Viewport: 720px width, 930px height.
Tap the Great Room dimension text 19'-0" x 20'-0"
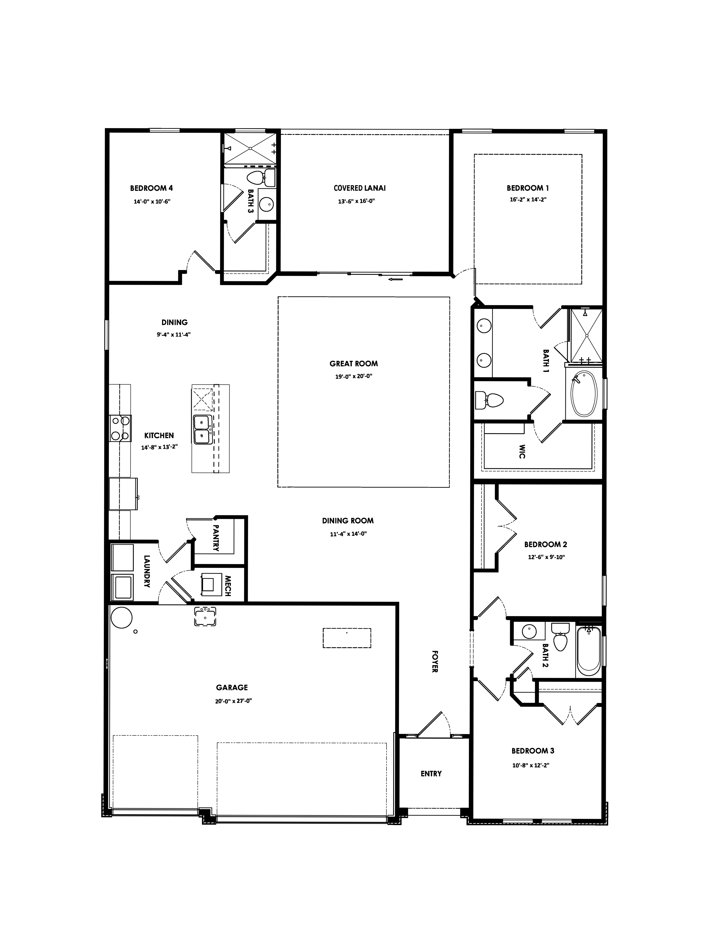tap(353, 376)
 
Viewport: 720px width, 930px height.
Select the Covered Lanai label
tap(359, 188)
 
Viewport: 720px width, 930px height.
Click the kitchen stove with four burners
tap(120, 428)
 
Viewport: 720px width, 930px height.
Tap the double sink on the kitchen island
tap(202, 430)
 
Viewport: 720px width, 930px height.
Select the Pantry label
tap(216, 538)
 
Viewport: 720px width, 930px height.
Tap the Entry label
tap(431, 774)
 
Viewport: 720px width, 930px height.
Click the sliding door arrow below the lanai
tap(396, 280)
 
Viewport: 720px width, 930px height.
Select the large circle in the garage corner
tap(121, 617)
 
